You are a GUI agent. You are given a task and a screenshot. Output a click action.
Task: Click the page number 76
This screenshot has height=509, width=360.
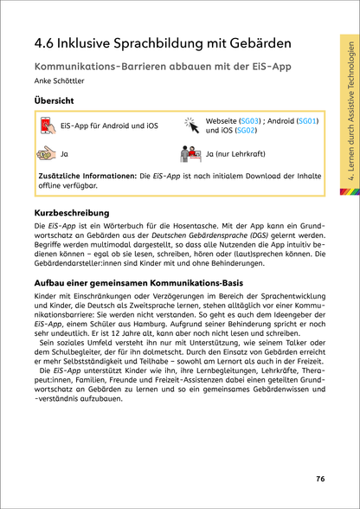click(319, 478)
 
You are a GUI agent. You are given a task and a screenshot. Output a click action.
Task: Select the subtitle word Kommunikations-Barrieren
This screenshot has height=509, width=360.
click(90, 66)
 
